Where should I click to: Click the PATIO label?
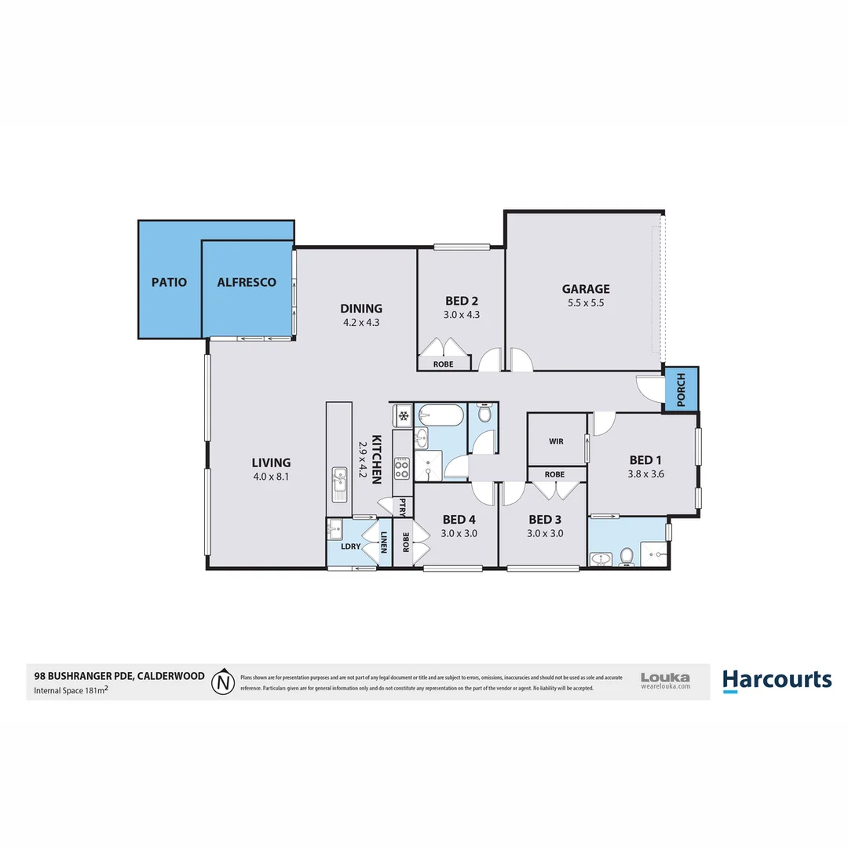(169, 282)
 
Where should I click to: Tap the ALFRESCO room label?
(247, 282)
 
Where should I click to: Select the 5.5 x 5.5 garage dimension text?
(585, 302)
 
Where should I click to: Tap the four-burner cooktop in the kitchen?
(401, 469)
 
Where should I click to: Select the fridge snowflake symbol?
(402, 415)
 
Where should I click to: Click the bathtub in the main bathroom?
(441, 415)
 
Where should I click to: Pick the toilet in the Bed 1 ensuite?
(627, 557)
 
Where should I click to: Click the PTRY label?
(403, 506)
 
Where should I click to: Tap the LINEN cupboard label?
(384, 543)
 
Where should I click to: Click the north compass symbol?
(224, 681)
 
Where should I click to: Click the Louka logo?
(665, 679)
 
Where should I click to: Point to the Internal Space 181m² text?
(71, 692)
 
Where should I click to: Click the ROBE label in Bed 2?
(443, 364)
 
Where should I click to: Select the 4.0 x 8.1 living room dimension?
(271, 475)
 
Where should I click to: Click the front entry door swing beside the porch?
(649, 388)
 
